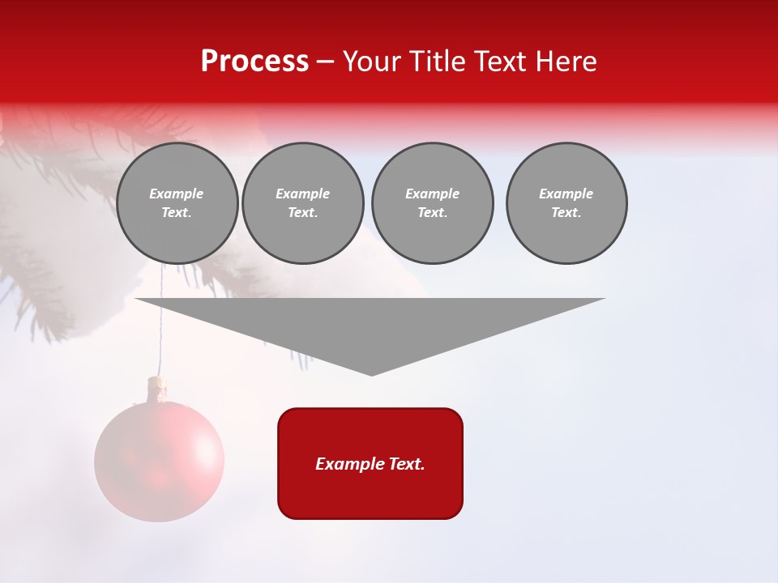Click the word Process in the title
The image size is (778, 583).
point(254,62)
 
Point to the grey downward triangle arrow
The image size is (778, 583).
point(370,324)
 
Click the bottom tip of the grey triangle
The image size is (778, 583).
point(371,373)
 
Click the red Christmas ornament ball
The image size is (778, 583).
point(159,462)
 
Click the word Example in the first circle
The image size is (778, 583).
point(177,194)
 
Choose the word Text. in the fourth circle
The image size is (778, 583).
point(566,213)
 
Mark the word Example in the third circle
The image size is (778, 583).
point(432,194)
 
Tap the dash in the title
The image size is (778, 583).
point(325,62)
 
